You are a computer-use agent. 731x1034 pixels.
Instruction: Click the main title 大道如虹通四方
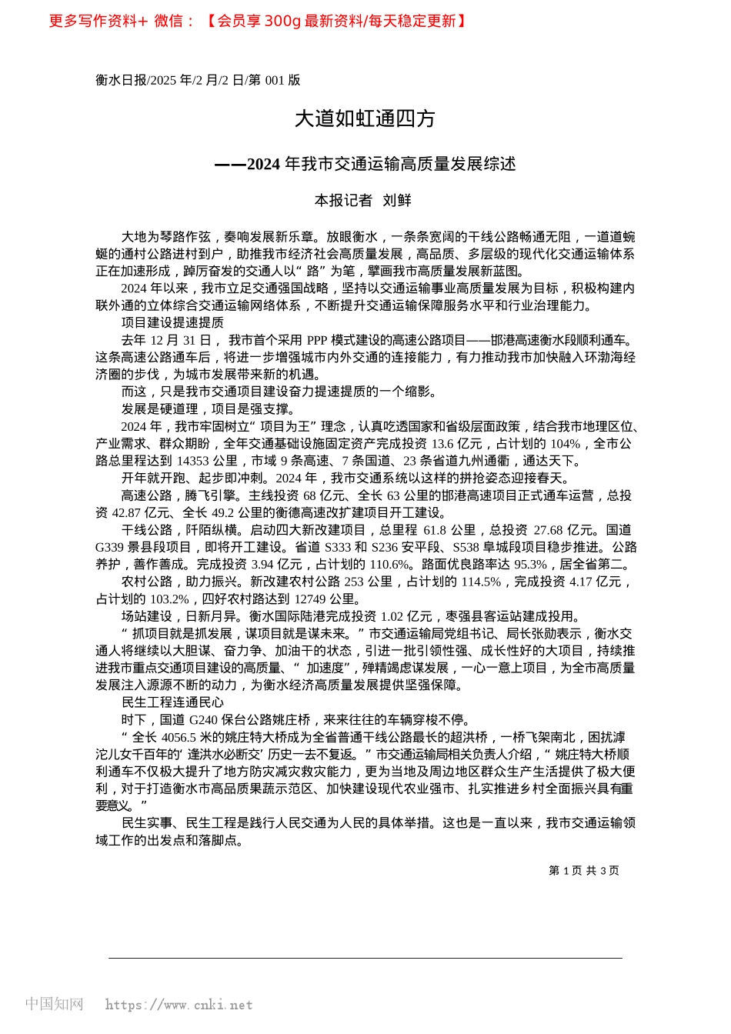pyautogui.click(x=365, y=118)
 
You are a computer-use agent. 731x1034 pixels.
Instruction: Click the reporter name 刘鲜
pyautogui.click(x=397, y=201)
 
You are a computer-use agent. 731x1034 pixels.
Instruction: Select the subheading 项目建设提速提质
pyautogui.click(x=172, y=322)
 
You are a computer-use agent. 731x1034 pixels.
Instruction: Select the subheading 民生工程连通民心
pyautogui.click(x=172, y=702)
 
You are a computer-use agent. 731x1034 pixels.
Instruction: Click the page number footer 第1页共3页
pyautogui.click(x=583, y=871)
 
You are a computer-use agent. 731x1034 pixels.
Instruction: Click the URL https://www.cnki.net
pyautogui.click(x=179, y=1005)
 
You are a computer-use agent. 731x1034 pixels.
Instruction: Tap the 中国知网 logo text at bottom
pyautogui.click(x=54, y=1004)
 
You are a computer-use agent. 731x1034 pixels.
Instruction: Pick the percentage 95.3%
pyautogui.click(x=530, y=564)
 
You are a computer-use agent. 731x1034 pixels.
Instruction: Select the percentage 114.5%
pyautogui.click(x=481, y=582)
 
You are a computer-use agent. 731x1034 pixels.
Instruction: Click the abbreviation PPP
pyautogui.click(x=317, y=340)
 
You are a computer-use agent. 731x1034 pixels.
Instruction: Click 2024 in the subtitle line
pyautogui.click(x=264, y=164)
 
